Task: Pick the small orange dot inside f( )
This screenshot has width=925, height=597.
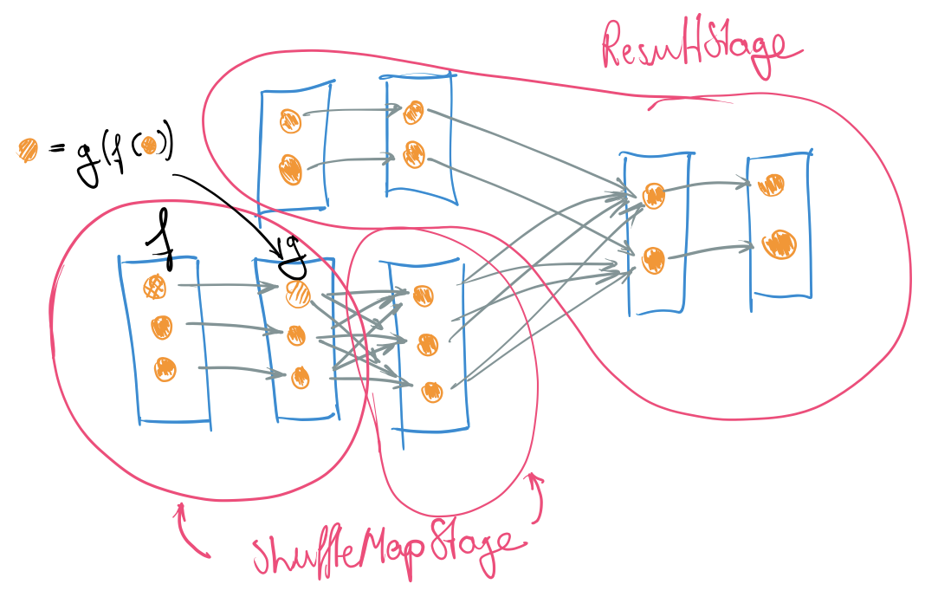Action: pos(149,145)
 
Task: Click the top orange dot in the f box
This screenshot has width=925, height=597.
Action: pos(156,287)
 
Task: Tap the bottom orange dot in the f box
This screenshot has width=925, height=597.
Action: pos(165,368)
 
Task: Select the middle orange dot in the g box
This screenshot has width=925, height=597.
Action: pos(296,334)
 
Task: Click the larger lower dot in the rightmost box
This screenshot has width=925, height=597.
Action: pos(779,243)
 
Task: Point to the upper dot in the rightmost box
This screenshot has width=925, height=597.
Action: pos(771,185)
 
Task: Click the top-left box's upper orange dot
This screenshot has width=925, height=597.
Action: pos(289,120)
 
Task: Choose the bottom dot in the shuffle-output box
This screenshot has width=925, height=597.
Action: pos(432,391)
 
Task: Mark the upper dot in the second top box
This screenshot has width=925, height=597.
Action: pos(413,112)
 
